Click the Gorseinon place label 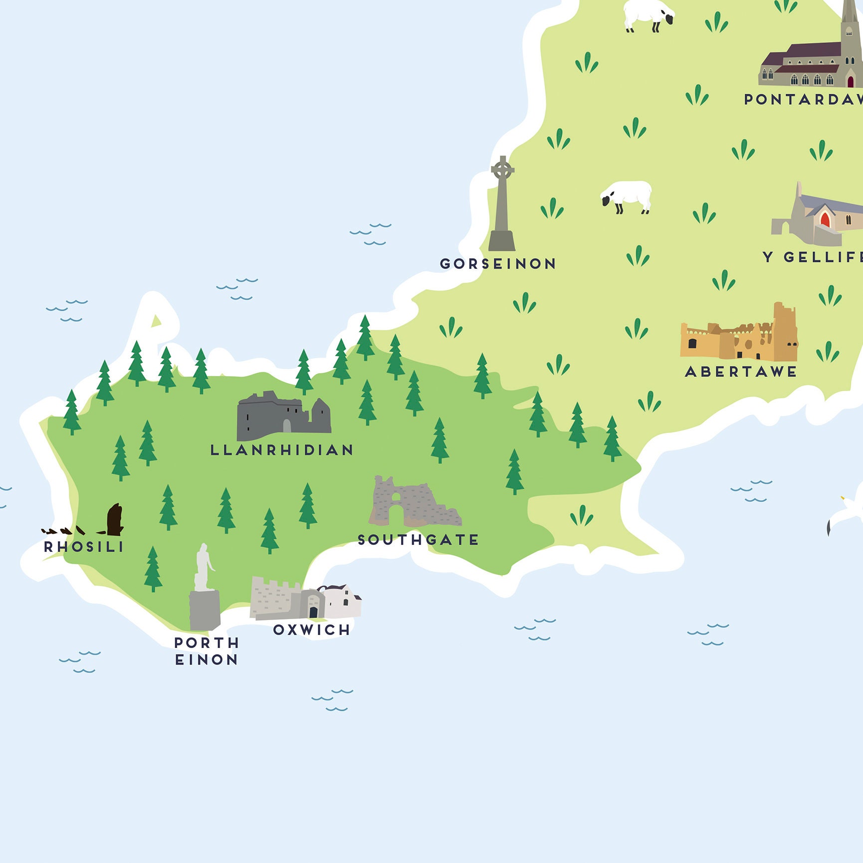pyautogui.click(x=498, y=263)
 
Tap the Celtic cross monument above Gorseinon pyautogui.click(x=502, y=205)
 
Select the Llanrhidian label pyautogui.click(x=282, y=450)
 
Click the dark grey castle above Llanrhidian pyautogui.click(x=283, y=415)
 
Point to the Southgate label pyautogui.click(x=418, y=540)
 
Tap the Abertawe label pyautogui.click(x=741, y=372)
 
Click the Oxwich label pyautogui.click(x=312, y=630)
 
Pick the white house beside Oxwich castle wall pyautogui.click(x=342, y=601)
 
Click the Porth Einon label pyautogui.click(x=207, y=651)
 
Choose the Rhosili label pyautogui.click(x=84, y=547)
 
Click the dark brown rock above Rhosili pyautogui.click(x=115, y=519)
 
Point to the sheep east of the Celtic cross pyautogui.click(x=627, y=196)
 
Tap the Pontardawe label pyautogui.click(x=803, y=99)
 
